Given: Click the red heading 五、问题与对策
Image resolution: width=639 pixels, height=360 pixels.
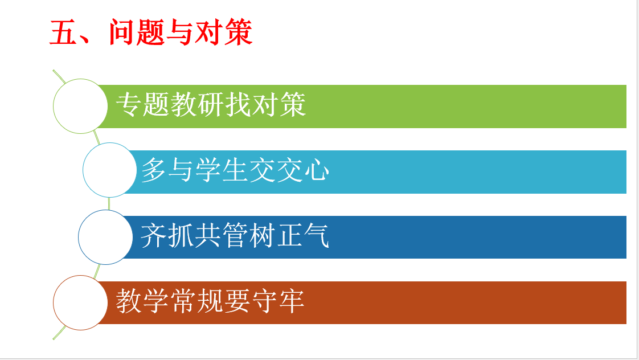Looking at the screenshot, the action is pyautogui.click(x=151, y=32).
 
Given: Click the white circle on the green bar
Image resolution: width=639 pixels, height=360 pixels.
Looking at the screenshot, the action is pyautogui.click(x=80, y=106).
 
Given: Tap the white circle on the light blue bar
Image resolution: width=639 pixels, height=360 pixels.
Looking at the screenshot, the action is pyautogui.click(x=109, y=170).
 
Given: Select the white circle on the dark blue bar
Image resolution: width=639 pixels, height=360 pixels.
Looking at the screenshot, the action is pyautogui.click(x=105, y=237).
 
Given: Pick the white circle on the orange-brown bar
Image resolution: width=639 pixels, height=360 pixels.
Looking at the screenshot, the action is pyautogui.click(x=80, y=302).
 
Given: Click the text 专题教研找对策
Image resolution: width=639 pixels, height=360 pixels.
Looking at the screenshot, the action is pyautogui.click(x=211, y=104).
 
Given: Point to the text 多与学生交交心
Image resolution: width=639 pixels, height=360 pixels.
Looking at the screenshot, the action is pyautogui.click(x=235, y=170).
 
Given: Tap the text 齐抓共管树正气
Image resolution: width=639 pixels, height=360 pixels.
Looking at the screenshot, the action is pyautogui.click(x=235, y=235).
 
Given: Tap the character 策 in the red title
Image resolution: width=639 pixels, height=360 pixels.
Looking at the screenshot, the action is pyautogui.click(x=239, y=32).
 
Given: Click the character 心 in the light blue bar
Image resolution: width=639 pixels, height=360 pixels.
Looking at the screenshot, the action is pyautogui.click(x=317, y=170).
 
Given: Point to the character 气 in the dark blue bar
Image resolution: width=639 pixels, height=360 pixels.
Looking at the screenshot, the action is pyautogui.click(x=316, y=235).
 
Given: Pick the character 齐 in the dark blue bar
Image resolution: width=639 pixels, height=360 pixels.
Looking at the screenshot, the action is pyautogui.click(x=154, y=236).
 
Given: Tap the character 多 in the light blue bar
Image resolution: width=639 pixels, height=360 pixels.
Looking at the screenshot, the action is pyautogui.click(x=154, y=170).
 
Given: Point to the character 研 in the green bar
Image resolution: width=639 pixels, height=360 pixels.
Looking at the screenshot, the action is pyautogui.click(x=211, y=105).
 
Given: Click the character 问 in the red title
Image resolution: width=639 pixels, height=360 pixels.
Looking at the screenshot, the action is pyautogui.click(x=122, y=32).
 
